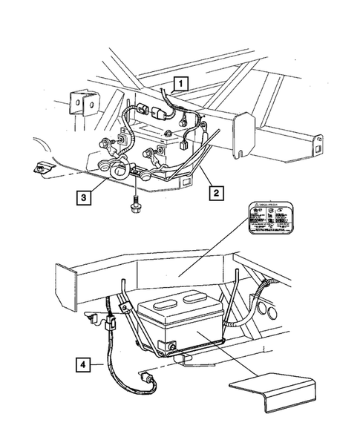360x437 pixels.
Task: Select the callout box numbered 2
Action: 216,194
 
